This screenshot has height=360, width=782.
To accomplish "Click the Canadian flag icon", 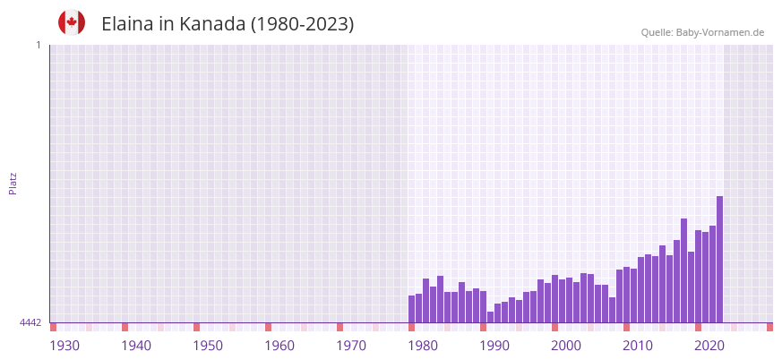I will (x=72, y=22).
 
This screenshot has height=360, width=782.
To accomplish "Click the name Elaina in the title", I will (x=127, y=24).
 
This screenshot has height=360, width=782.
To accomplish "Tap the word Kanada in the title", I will (x=212, y=24).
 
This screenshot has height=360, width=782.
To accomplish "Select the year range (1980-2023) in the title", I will (x=302, y=24).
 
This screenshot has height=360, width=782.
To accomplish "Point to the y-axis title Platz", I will (x=13, y=183).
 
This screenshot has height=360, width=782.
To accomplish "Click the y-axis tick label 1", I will (x=38, y=45).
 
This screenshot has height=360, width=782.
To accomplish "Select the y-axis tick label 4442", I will (x=30, y=322).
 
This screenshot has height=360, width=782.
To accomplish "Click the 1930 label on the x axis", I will (x=64, y=346).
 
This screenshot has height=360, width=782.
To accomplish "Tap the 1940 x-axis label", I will (x=136, y=346).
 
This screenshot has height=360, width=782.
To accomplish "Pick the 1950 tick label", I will (x=208, y=346).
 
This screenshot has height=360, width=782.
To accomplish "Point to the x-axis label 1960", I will (x=279, y=346).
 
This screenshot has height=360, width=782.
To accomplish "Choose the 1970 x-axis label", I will (x=351, y=346).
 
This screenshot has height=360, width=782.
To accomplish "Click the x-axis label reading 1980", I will (x=423, y=346).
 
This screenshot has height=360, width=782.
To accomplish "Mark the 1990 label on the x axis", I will (x=494, y=346).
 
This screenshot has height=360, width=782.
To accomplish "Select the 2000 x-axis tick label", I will (x=566, y=346).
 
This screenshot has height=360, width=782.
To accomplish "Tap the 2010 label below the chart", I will (x=638, y=346).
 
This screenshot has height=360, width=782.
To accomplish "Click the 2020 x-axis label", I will (x=709, y=346).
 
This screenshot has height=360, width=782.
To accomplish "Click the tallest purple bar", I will (x=719, y=260).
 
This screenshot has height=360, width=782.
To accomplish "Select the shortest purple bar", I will (x=490, y=317).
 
